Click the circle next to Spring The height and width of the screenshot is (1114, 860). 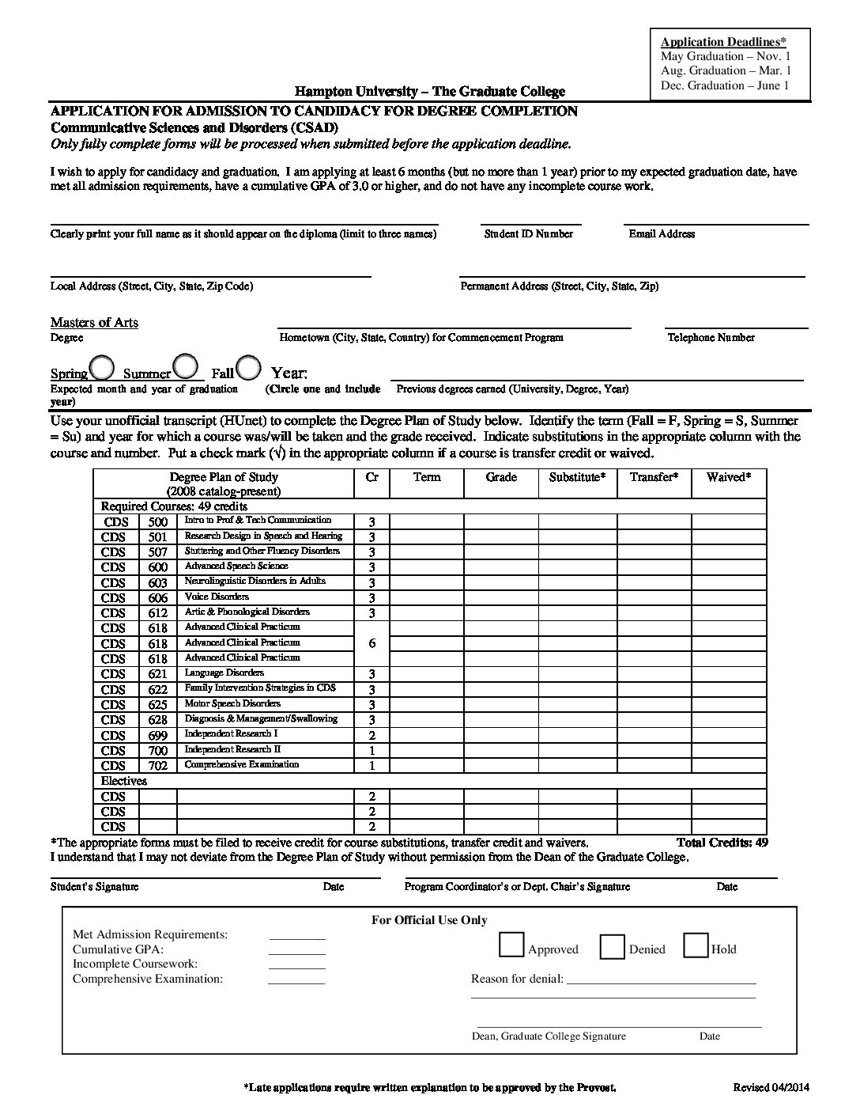tap(101, 368)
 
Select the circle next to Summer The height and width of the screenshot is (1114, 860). tap(185, 366)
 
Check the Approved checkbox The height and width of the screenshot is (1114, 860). tap(511, 945)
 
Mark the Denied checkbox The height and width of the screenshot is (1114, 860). tap(613, 947)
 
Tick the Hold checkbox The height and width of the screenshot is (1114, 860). tap(696, 946)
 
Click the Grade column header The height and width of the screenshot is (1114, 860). tap(501, 477)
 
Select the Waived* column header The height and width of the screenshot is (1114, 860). tap(728, 477)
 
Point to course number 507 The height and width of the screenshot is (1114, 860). tap(158, 552)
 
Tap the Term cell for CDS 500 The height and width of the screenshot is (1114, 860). tap(427, 521)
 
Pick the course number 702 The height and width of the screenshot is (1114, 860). tap(158, 766)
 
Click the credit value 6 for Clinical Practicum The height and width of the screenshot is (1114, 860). tap(372, 643)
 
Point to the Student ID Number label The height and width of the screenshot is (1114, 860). tap(528, 234)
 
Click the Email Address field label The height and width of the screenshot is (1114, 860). tap(662, 234)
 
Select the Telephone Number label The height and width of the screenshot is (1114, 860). tap(711, 338)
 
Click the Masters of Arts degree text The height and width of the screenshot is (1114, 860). tap(94, 322)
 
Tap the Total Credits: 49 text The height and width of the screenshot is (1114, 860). tap(722, 843)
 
